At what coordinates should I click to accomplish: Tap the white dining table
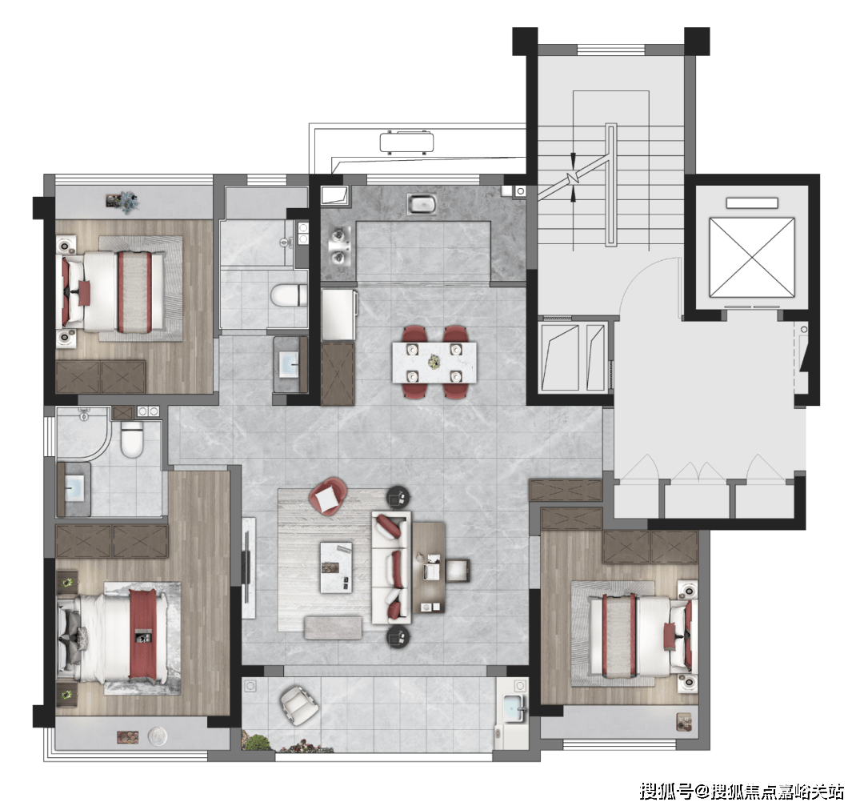point(434,363)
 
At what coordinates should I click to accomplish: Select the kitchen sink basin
point(422,205)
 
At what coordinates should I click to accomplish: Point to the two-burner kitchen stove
point(338,247)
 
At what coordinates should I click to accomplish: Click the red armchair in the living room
point(328,496)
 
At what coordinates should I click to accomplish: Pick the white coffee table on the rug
point(336,567)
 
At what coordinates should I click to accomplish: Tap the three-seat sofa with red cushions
point(391,567)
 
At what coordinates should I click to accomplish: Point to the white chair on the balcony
point(299,706)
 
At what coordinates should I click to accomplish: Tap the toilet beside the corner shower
point(132,439)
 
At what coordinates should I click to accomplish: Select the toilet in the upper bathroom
point(289,295)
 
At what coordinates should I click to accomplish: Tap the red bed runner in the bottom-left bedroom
point(143,634)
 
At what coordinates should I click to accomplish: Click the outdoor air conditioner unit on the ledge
point(406,142)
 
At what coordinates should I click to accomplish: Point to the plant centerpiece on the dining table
point(434,362)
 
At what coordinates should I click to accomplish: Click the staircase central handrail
point(610,185)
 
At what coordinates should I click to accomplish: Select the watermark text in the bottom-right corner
point(741,792)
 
